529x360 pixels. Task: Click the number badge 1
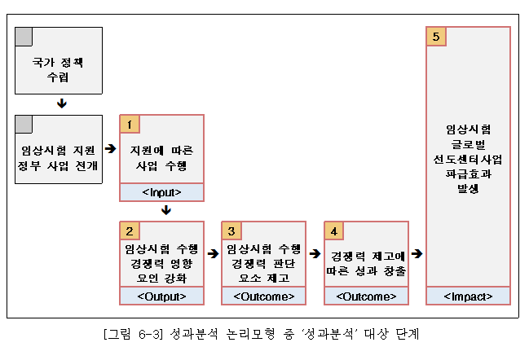[x=130, y=125]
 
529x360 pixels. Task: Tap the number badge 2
[x=130, y=230]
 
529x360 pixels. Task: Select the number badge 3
[x=231, y=230]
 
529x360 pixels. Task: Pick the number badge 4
[x=334, y=230]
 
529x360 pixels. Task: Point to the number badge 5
[x=436, y=37]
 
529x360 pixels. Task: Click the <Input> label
[x=162, y=192]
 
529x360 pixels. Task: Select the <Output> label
[x=162, y=296]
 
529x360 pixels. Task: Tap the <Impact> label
[x=468, y=296]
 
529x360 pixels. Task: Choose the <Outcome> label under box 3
[x=264, y=296]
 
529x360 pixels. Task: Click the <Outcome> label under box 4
[x=366, y=296]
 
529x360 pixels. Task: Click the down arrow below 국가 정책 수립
[x=62, y=103]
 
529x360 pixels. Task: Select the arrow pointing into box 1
[x=111, y=148]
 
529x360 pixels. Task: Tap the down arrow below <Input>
[x=166, y=210]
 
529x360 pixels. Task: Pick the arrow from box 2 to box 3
[x=214, y=253]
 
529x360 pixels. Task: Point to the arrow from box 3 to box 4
[x=315, y=253]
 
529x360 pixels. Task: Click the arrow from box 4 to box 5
[x=417, y=253]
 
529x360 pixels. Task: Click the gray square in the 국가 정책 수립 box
[x=24, y=37]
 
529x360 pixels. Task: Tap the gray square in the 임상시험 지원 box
[x=24, y=125]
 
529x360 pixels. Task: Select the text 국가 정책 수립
[x=58, y=70]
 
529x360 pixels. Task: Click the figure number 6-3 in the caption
[x=149, y=334]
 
